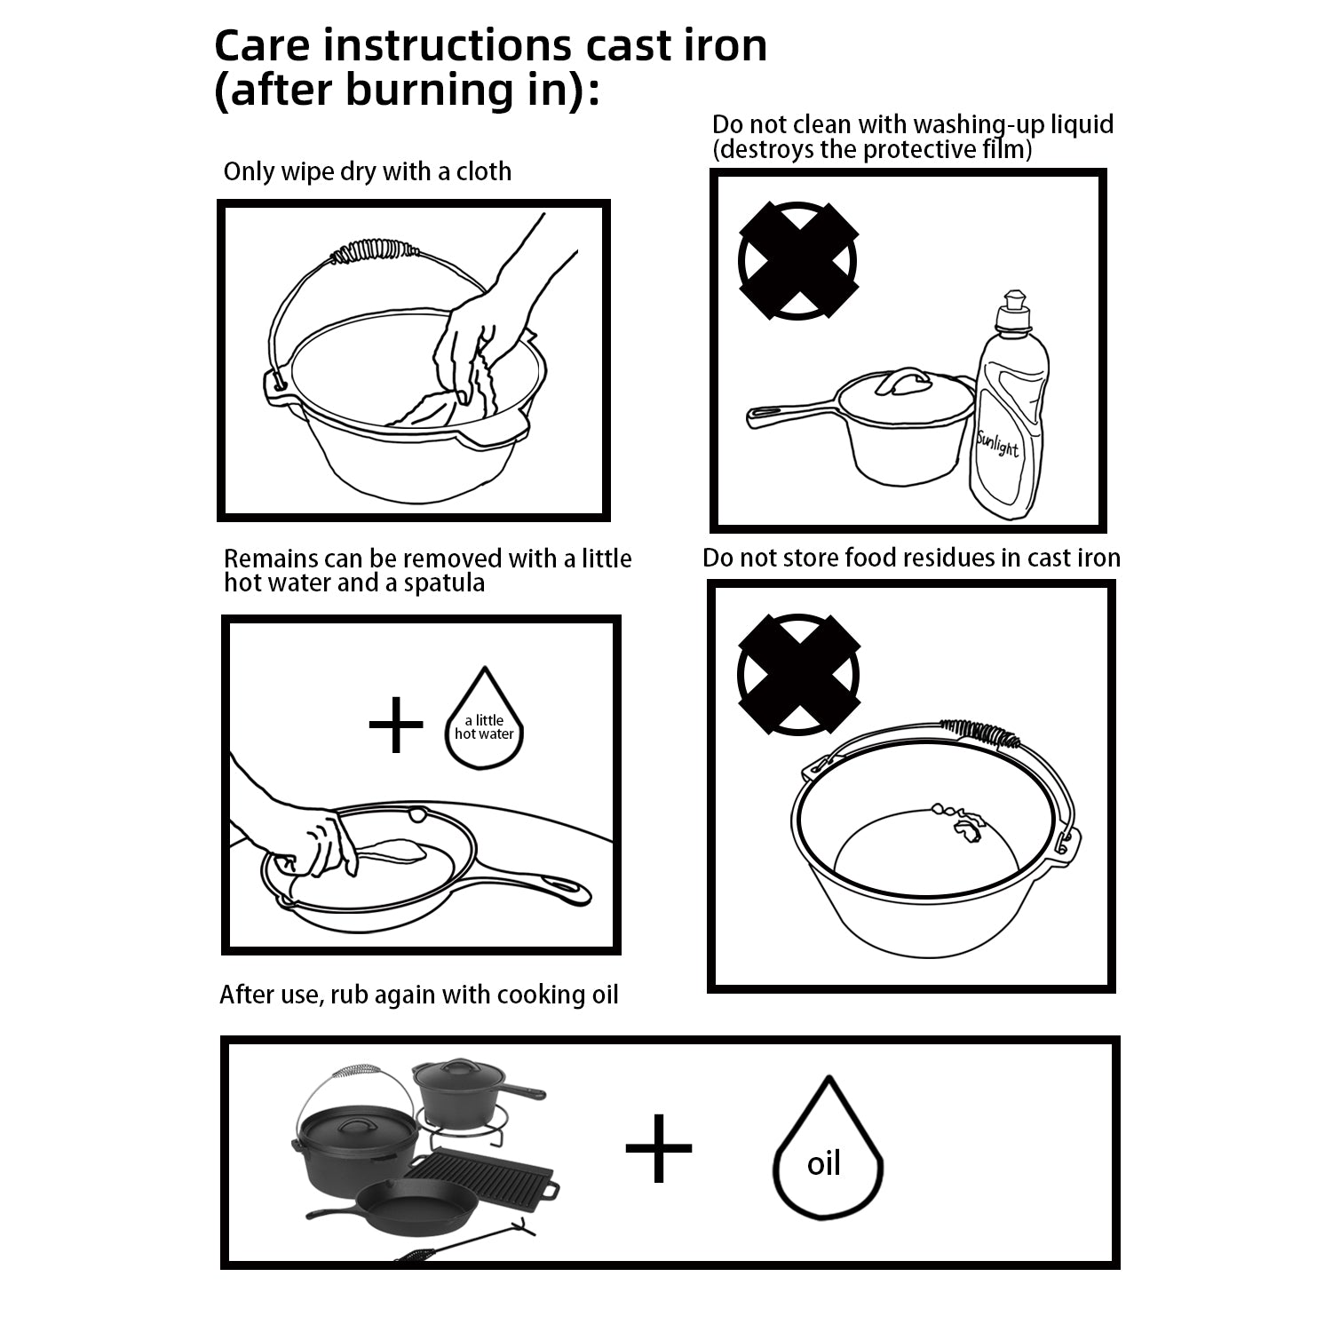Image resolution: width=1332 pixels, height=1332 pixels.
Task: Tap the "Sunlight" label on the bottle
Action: [997, 442]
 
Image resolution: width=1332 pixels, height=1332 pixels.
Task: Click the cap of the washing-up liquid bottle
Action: [1013, 311]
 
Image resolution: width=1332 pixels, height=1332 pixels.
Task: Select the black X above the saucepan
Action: [798, 260]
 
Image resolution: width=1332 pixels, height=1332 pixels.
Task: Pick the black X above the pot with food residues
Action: [798, 674]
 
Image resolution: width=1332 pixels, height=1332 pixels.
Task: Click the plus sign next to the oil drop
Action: [658, 1147]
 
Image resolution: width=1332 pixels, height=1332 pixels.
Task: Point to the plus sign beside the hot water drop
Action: [396, 725]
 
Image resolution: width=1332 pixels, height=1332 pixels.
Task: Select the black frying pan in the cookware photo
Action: [417, 1217]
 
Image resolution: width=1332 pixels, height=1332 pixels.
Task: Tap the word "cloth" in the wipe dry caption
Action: [484, 170]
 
